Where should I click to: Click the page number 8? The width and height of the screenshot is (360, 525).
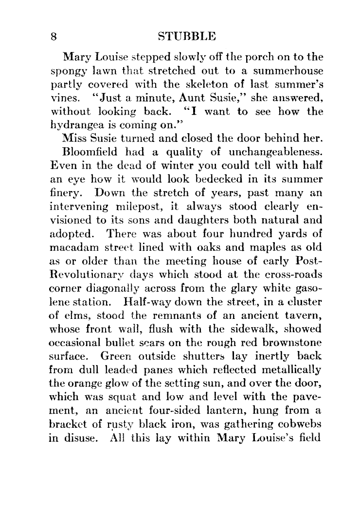tap(54, 37)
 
